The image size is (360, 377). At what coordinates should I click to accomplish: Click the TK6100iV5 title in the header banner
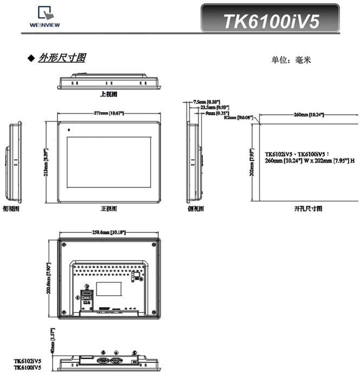[x=272, y=21]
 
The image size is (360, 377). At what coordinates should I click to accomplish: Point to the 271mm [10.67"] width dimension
[x=108, y=113]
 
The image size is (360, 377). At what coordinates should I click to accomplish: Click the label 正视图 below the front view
[x=109, y=208]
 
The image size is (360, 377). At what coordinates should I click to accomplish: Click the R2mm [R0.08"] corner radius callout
[x=239, y=118]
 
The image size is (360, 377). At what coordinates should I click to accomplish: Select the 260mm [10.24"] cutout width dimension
[x=308, y=114]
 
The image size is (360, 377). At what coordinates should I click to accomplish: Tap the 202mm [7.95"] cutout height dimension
[x=252, y=161]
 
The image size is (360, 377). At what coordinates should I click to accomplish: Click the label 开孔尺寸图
[x=308, y=208]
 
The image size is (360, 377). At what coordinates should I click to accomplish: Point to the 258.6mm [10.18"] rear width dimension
[x=109, y=232]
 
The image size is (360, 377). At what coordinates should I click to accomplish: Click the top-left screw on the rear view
[x=64, y=243]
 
